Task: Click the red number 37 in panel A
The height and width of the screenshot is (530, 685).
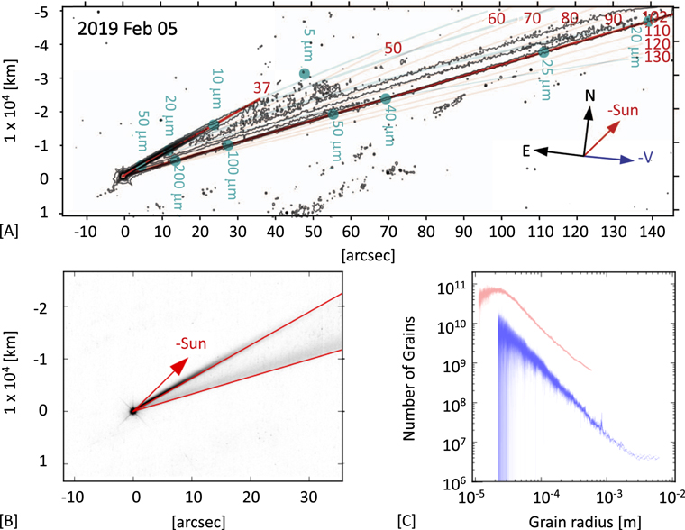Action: pyautogui.click(x=261, y=87)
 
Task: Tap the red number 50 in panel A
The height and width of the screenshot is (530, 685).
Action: pyautogui.click(x=393, y=48)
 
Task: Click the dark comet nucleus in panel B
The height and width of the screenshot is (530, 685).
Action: pyautogui.click(x=133, y=410)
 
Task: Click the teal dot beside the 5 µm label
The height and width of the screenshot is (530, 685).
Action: pyautogui.click(x=305, y=74)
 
